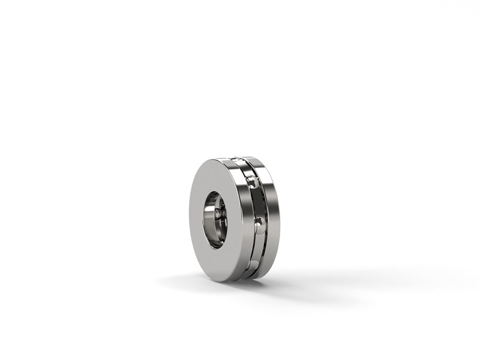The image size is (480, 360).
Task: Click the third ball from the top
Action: (259, 225)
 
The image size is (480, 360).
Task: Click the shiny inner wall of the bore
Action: (209, 222)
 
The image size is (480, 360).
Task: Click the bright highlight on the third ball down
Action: (258, 223)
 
